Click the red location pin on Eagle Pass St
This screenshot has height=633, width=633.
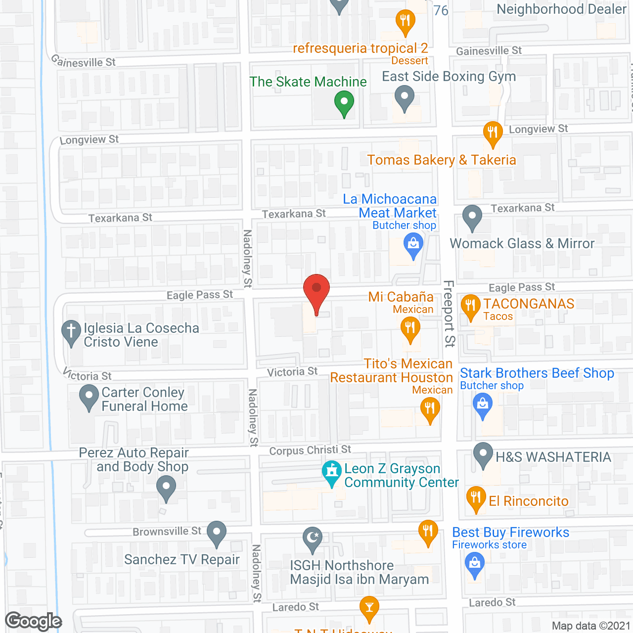316,289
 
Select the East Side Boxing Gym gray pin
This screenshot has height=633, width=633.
405,96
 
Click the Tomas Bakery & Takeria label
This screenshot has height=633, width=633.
441,160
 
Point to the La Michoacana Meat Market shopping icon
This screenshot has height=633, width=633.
413,244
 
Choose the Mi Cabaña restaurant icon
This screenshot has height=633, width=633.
410,328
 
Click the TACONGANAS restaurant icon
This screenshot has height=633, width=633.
470,306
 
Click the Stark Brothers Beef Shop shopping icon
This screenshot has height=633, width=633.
483,404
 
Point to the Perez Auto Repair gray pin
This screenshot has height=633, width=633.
166,486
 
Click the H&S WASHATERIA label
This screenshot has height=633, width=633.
553,457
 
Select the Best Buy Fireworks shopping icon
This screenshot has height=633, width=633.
475,563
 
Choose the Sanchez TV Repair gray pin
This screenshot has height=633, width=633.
216,533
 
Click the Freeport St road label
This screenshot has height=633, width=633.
449,314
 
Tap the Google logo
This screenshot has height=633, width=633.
33,621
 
